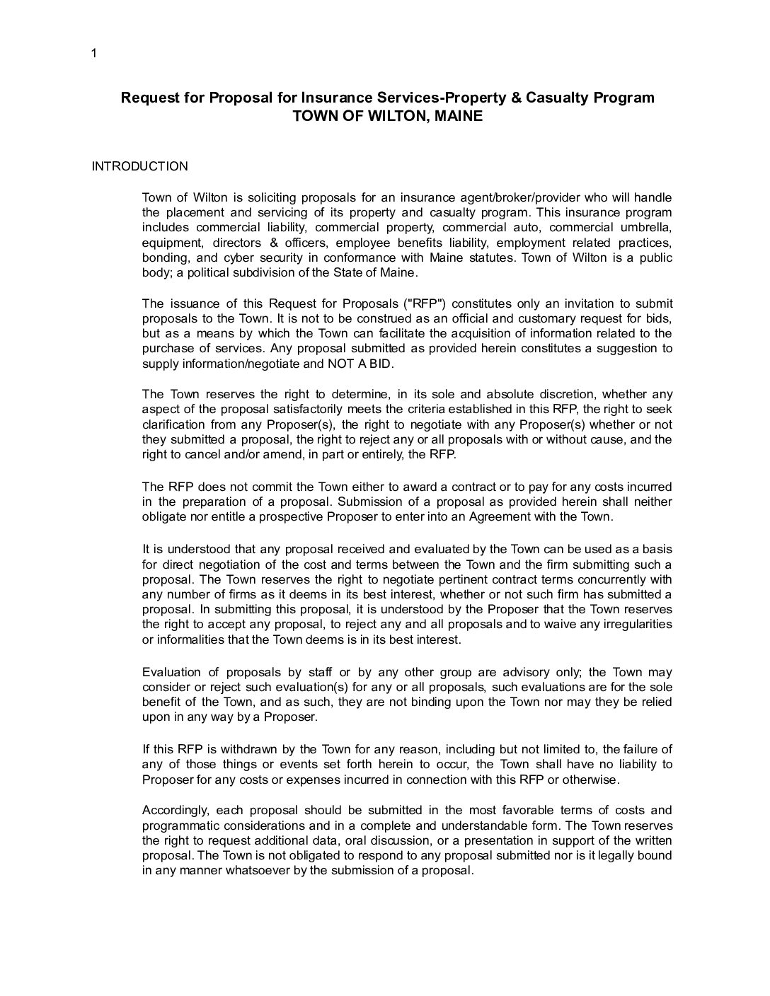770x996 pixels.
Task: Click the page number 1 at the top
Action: pos(94,54)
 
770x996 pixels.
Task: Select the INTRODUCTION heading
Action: pos(140,167)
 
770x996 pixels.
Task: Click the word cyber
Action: pos(258,257)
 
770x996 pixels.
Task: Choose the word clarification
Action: pos(174,425)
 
